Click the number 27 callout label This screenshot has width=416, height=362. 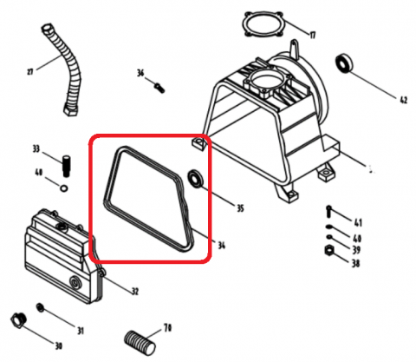tap(30, 71)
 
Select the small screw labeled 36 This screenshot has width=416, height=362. tap(159, 88)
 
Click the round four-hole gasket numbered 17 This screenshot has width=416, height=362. tap(263, 24)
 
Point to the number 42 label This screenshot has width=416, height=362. tap(403, 100)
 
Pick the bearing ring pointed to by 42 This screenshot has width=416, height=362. tap(344, 63)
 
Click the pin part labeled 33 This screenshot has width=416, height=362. tap(67, 166)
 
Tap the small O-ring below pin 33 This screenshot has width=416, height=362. tap(64, 188)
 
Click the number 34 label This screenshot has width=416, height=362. tap(221, 246)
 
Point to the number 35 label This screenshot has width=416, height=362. tap(240, 207)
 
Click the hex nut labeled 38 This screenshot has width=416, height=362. tap(328, 250)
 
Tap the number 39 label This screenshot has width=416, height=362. tap(356, 249)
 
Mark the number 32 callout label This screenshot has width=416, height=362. tap(135, 291)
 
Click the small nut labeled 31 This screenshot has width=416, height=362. tap(41, 307)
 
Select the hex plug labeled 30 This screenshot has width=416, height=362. tap(19, 320)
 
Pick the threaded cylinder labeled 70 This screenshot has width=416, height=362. tap(140, 344)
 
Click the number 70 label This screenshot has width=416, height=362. tap(167, 328)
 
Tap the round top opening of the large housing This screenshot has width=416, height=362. tap(266, 78)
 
